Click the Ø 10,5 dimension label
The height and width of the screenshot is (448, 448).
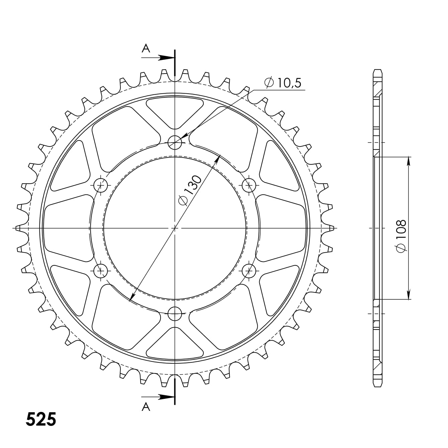tap(283, 83)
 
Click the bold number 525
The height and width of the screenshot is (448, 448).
tap(41, 419)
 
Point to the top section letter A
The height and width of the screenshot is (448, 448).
tap(146, 49)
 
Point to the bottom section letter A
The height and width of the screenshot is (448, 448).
tap(146, 407)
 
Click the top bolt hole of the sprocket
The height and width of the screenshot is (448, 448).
tap(175, 143)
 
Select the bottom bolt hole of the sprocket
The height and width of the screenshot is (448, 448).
tap(175, 313)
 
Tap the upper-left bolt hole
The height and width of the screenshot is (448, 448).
tap(101, 185)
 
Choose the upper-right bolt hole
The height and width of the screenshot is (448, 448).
tap(249, 185)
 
